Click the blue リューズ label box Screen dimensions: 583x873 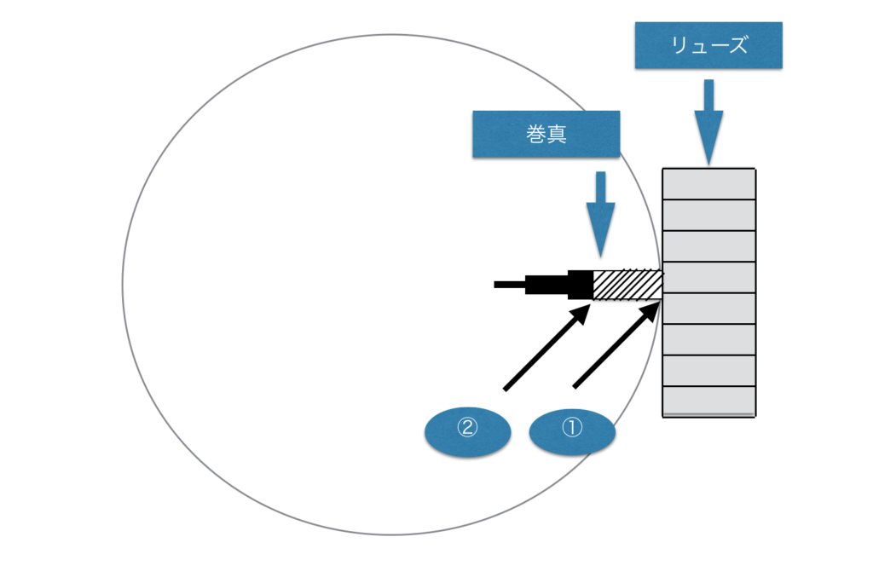tap(708, 45)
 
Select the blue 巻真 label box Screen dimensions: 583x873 tap(546, 134)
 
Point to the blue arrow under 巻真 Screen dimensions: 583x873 tap(601, 212)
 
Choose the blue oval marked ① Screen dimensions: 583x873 tap(572, 433)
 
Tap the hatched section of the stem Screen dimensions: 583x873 tap(627, 285)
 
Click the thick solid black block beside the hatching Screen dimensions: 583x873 tap(580, 285)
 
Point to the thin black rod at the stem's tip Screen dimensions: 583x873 tap(509, 285)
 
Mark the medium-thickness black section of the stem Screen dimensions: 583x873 tap(546, 285)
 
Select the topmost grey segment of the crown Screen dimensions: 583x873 tap(709, 184)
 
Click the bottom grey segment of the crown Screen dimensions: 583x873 tap(709, 401)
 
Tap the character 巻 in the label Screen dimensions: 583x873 tap(535, 135)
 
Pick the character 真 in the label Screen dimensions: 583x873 tap(557, 135)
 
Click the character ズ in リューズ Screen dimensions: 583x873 tap(737, 45)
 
